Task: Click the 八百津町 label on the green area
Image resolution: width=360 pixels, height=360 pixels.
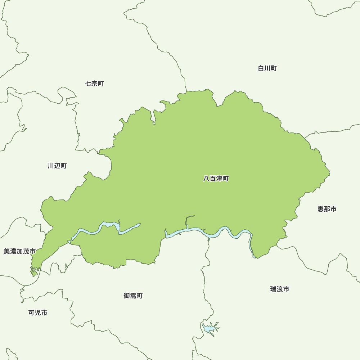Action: pos(216,179)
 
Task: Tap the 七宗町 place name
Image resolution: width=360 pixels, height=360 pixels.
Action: pos(94,84)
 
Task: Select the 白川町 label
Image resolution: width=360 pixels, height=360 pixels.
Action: pos(267,68)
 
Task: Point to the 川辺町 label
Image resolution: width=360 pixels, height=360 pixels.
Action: pos(57,166)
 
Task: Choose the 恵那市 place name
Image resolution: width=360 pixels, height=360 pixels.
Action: pos(327,209)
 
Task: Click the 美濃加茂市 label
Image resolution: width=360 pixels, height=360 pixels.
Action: pos(20,251)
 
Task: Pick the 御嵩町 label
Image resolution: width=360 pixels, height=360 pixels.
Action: pos(133,296)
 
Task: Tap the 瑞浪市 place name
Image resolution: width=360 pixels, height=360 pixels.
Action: pos(280,289)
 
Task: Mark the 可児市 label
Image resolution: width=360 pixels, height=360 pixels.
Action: pos(38,312)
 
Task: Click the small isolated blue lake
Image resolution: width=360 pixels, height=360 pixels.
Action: pos(209,328)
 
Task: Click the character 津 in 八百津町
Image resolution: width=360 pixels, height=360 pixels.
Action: pos(219,179)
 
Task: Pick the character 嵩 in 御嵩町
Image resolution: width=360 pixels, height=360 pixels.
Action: pos(133,296)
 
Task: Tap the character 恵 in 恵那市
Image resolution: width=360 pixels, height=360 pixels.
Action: pos(321,209)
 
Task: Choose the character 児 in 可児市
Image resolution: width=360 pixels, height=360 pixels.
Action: pos(38,312)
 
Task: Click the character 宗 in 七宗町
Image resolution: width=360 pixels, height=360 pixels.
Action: pos(94,84)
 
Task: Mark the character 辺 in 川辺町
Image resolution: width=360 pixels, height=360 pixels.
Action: pos(57,166)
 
